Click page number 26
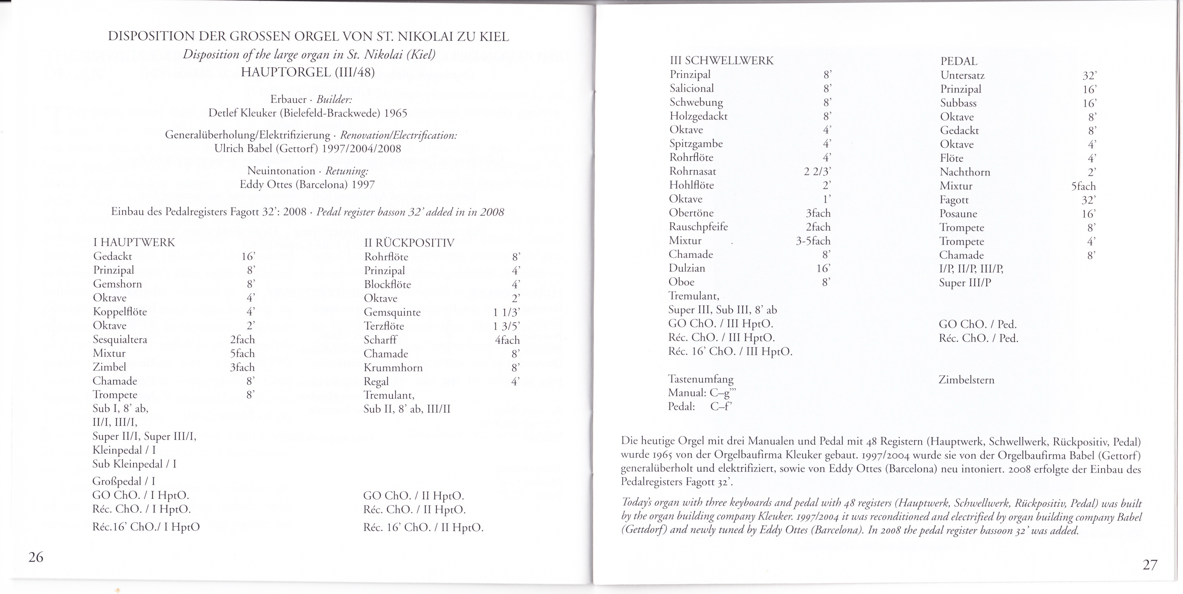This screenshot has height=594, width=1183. point(36,557)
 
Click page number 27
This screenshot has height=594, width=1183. point(1149,564)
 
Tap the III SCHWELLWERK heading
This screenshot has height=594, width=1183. point(721,61)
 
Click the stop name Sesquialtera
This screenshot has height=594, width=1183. point(120,339)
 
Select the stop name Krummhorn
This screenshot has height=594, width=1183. point(393,367)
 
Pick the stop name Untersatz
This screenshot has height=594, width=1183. point(962,75)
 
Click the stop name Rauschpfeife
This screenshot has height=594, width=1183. point(698,227)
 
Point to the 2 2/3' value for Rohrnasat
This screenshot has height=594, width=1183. point(818,171)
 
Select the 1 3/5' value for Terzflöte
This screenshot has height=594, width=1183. point(506,326)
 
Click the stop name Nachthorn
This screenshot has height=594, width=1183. point(965,172)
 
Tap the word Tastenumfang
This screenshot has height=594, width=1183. point(700,379)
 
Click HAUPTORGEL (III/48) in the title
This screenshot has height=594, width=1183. point(308,72)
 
